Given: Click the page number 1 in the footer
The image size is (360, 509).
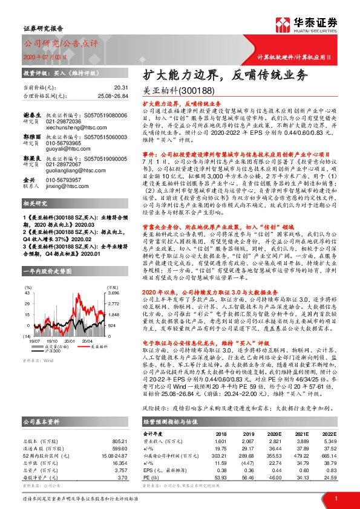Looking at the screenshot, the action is coord(336,498).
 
